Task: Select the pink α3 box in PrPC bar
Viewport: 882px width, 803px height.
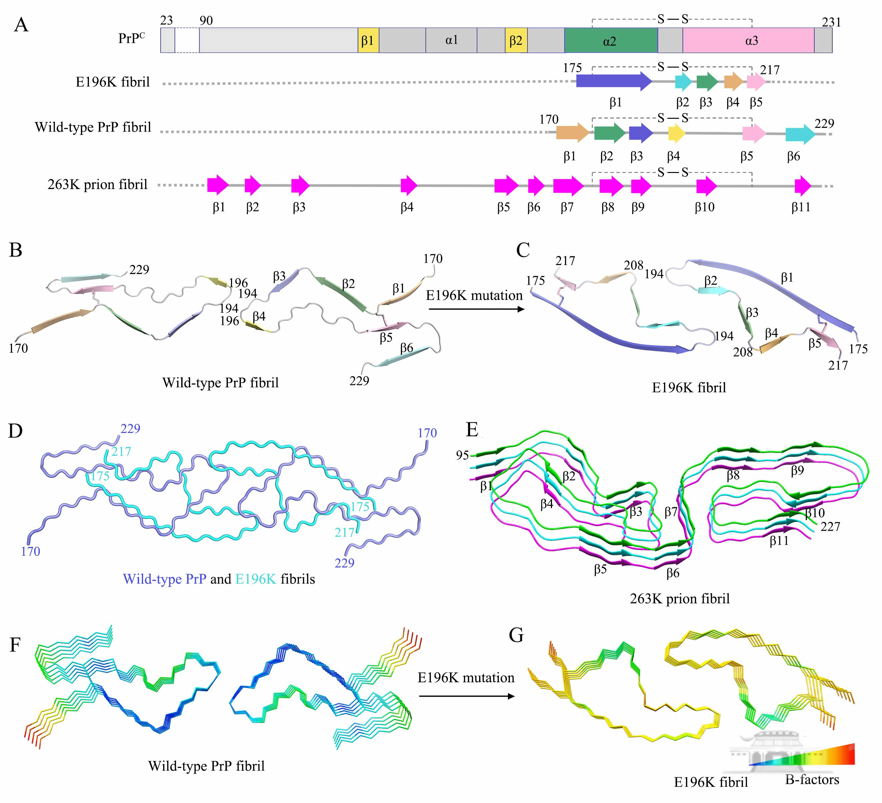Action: click(x=748, y=41)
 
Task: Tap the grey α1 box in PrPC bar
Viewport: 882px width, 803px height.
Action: click(x=451, y=41)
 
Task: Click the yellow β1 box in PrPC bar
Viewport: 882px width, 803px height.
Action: click(x=368, y=41)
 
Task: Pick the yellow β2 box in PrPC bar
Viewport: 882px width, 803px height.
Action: click(x=516, y=41)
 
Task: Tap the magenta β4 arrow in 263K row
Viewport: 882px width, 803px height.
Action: click(x=409, y=186)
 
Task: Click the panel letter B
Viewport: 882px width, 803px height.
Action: click(x=16, y=251)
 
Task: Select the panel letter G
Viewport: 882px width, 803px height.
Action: click(x=516, y=634)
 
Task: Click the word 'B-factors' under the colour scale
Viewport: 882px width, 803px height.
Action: click(x=812, y=779)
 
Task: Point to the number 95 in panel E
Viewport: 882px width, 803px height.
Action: click(x=462, y=455)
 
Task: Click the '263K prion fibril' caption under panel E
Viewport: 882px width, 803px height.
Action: click(x=680, y=599)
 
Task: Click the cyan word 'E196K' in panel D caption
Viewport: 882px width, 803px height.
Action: click(x=255, y=579)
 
